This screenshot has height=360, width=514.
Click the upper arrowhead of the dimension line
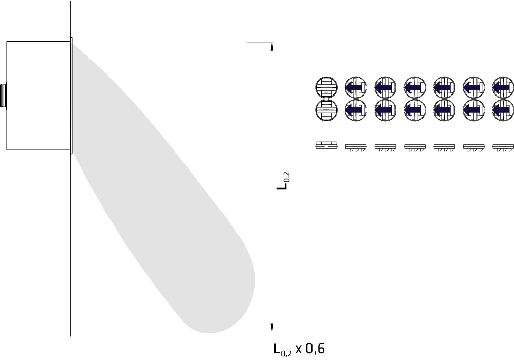point(272,47)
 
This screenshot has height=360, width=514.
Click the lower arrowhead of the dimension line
point(272,327)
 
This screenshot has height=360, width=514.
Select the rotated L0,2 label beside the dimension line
point(284,180)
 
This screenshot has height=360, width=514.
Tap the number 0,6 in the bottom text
point(315,349)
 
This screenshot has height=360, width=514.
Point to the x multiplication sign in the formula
point(298,350)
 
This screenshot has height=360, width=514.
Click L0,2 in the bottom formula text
point(283,350)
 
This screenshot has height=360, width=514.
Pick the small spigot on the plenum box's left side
point(3,96)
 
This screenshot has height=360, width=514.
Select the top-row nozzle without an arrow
point(326,87)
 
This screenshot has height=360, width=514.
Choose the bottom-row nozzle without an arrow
point(326,110)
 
